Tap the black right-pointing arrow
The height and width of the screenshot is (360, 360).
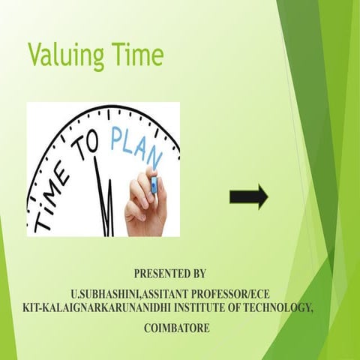point(247,197)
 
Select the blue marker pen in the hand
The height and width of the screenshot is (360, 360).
point(154,184)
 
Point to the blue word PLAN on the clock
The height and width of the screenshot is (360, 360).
point(135,146)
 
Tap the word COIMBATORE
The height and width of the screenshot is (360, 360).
point(178,328)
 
